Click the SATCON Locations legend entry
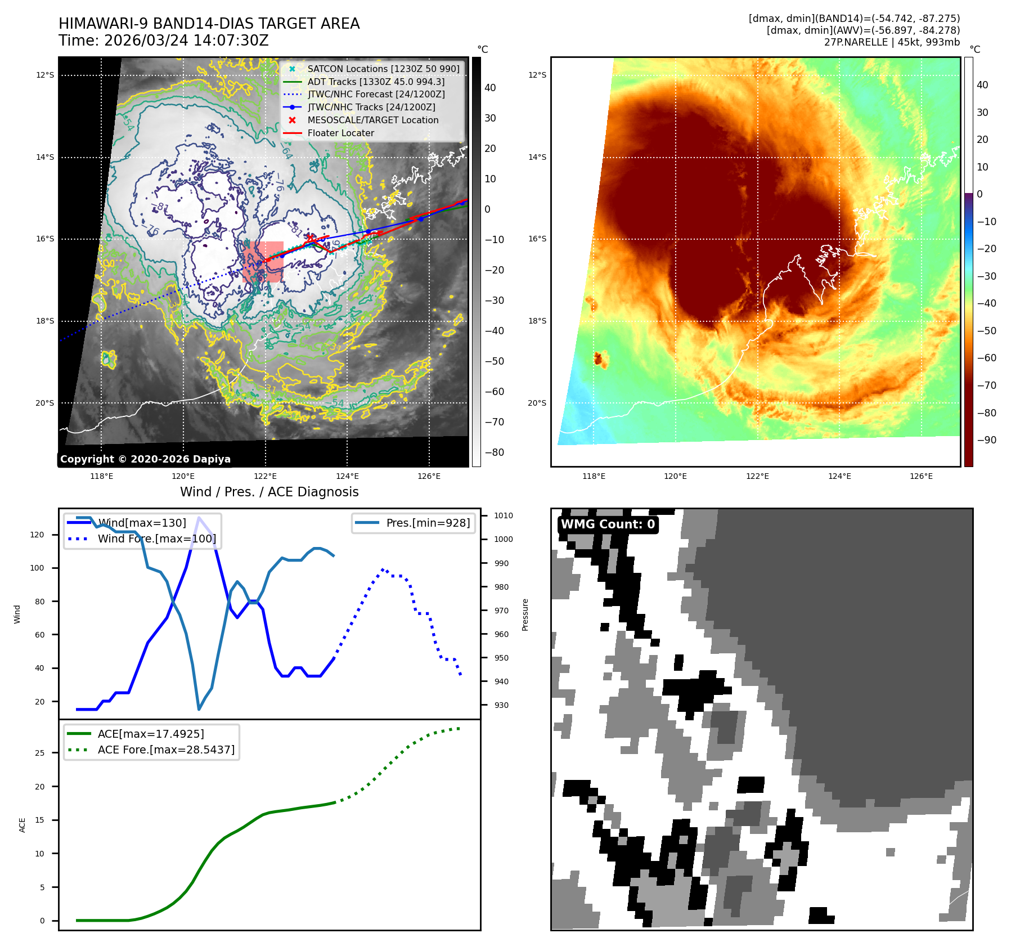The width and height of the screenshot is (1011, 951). click(x=383, y=69)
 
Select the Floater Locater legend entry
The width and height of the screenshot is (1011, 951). click(x=340, y=133)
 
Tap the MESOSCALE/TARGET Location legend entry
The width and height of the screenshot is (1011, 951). click(x=372, y=120)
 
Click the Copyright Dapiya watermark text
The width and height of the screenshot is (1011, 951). click(x=145, y=459)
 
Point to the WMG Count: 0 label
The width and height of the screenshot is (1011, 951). click(x=608, y=524)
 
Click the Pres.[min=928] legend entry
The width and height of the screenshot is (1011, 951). click(x=428, y=523)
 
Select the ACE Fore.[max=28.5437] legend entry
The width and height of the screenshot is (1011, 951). click(x=166, y=750)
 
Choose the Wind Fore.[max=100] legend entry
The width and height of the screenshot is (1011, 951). click(x=156, y=539)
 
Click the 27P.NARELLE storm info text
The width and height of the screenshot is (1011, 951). click(x=892, y=42)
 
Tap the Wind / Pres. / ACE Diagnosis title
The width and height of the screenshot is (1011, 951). click(x=269, y=492)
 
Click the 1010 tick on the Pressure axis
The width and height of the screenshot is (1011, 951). click(x=503, y=515)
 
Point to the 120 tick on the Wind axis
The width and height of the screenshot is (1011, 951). click(x=37, y=535)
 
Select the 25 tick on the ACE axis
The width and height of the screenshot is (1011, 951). click(x=40, y=753)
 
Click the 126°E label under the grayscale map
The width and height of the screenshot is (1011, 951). click(x=429, y=476)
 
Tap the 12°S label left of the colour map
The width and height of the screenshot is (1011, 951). click(x=537, y=75)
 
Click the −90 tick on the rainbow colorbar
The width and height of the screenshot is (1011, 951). click(x=986, y=440)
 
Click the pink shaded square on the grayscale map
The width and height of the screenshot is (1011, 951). click(x=263, y=262)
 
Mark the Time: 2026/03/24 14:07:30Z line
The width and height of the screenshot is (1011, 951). click(x=163, y=41)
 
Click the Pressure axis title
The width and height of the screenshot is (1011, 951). click(x=525, y=614)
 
